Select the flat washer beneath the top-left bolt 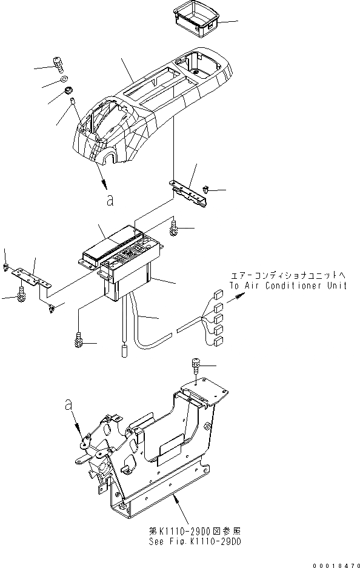pyautogui.click(x=65, y=79)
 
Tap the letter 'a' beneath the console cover pyautogui.click(x=109, y=202)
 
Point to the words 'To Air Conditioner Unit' pyautogui.click(x=288, y=285)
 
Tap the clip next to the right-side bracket pyautogui.click(x=207, y=191)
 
